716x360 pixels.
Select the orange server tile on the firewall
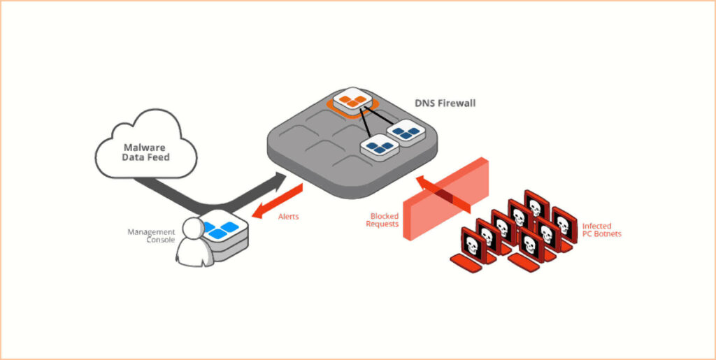coord(352,101)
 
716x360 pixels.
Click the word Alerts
coord(288,217)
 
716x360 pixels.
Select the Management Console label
coord(150,236)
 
